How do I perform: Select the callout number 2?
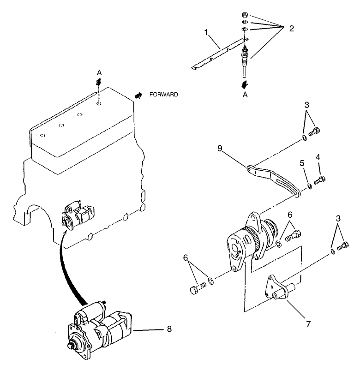[x=291, y=28]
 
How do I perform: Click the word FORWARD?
[x=163, y=94]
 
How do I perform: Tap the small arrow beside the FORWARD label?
[x=138, y=94]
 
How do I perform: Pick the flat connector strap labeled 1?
[x=217, y=57]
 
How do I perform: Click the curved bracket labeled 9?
[x=272, y=177]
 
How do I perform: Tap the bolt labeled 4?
[x=319, y=180]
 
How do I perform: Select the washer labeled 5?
[x=309, y=186]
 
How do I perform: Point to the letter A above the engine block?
[x=98, y=72]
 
